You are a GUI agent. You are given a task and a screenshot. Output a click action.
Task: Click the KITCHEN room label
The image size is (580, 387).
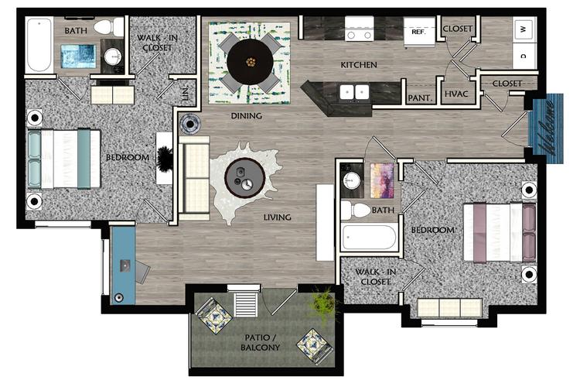click(x=359, y=65)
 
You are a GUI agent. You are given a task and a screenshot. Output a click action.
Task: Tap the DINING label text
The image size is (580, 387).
click(x=247, y=116)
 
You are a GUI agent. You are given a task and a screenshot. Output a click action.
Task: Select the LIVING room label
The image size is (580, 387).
click(x=276, y=217)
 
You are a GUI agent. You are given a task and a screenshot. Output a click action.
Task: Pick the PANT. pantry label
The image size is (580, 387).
click(x=419, y=98)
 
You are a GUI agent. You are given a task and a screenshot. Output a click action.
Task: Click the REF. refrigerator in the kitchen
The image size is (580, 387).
click(x=419, y=33)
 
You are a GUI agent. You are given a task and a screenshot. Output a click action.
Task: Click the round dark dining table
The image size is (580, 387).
click(x=249, y=60)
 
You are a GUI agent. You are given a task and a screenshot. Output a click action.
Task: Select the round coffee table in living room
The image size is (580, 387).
click(x=244, y=178)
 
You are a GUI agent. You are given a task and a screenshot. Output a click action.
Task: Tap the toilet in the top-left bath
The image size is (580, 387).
click(x=103, y=28)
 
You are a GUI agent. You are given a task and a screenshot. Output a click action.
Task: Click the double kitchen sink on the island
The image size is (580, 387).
click(x=355, y=92)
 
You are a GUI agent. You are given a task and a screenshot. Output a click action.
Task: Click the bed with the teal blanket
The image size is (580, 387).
click(x=65, y=159)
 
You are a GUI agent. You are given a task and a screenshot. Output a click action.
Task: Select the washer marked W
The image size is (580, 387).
click(x=524, y=29)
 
